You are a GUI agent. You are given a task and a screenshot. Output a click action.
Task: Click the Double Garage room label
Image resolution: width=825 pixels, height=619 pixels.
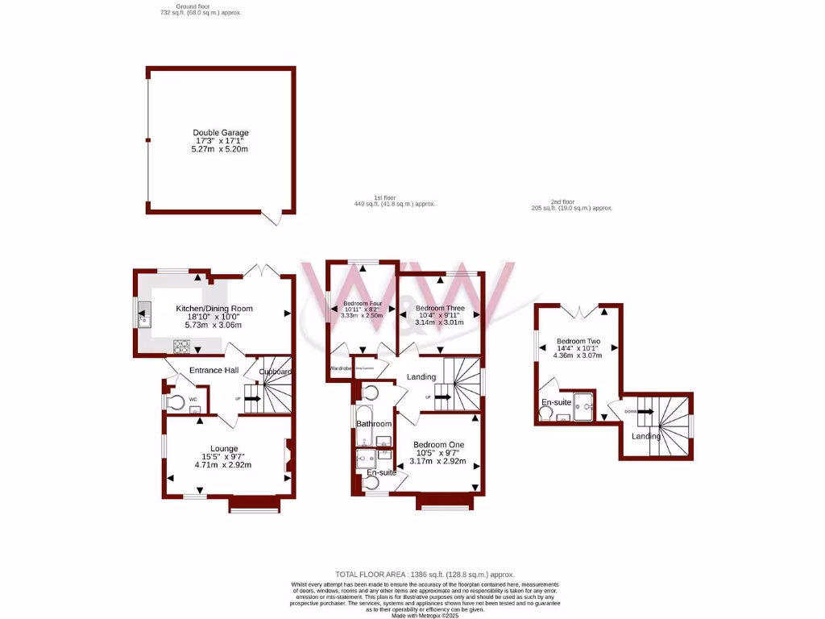[x=220, y=132]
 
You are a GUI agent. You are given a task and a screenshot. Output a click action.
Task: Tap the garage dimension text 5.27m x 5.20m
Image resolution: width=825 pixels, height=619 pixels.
[x=220, y=149]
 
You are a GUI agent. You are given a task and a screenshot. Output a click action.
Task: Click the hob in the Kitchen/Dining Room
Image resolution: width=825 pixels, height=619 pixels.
[x=180, y=347]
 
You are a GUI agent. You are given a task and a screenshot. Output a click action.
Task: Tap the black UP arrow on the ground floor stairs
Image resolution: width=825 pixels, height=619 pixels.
[x=252, y=398]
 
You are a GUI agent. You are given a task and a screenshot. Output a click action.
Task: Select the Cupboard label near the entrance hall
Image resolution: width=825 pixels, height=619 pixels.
[x=274, y=372]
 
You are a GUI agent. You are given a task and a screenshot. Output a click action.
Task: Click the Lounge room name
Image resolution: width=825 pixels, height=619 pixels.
[x=223, y=448]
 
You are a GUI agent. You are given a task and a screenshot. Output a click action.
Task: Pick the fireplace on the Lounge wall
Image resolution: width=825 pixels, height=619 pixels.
[x=286, y=455]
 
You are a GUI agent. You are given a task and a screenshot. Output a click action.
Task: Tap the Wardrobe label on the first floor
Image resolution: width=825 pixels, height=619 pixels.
[x=340, y=368]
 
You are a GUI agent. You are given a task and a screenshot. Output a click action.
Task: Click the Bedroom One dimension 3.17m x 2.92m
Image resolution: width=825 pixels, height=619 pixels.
[x=439, y=461]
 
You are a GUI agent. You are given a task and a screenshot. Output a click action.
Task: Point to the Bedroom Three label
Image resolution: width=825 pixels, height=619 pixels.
[x=439, y=308]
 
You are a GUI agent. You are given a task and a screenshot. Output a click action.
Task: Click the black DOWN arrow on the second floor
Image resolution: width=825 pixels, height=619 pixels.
[x=645, y=411]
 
